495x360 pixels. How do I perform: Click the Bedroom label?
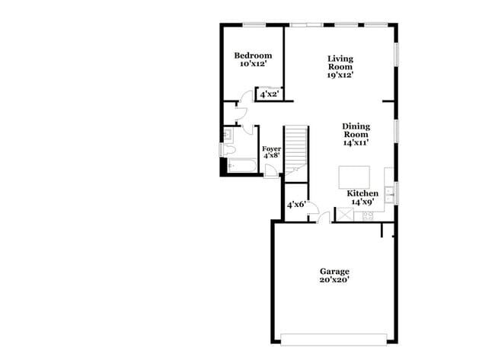click(253, 56)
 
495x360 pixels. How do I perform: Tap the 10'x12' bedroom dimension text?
click(253, 65)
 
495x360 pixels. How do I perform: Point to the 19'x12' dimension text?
click(340, 75)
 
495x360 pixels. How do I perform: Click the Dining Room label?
click(355, 130)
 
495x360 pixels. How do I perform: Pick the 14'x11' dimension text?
click(355, 142)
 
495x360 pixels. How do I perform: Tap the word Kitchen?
click(362, 193)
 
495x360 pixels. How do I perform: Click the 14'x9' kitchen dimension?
click(362, 202)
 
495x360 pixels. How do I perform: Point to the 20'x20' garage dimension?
click(334, 279)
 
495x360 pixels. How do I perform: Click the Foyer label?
click(271, 148)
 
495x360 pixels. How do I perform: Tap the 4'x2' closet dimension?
click(269, 95)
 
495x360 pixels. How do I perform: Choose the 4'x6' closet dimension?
click(296, 205)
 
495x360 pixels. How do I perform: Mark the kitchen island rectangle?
click(354, 177)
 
